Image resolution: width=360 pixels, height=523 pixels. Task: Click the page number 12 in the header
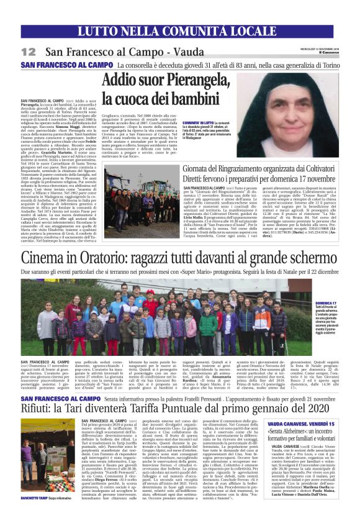[x=29, y=52]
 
